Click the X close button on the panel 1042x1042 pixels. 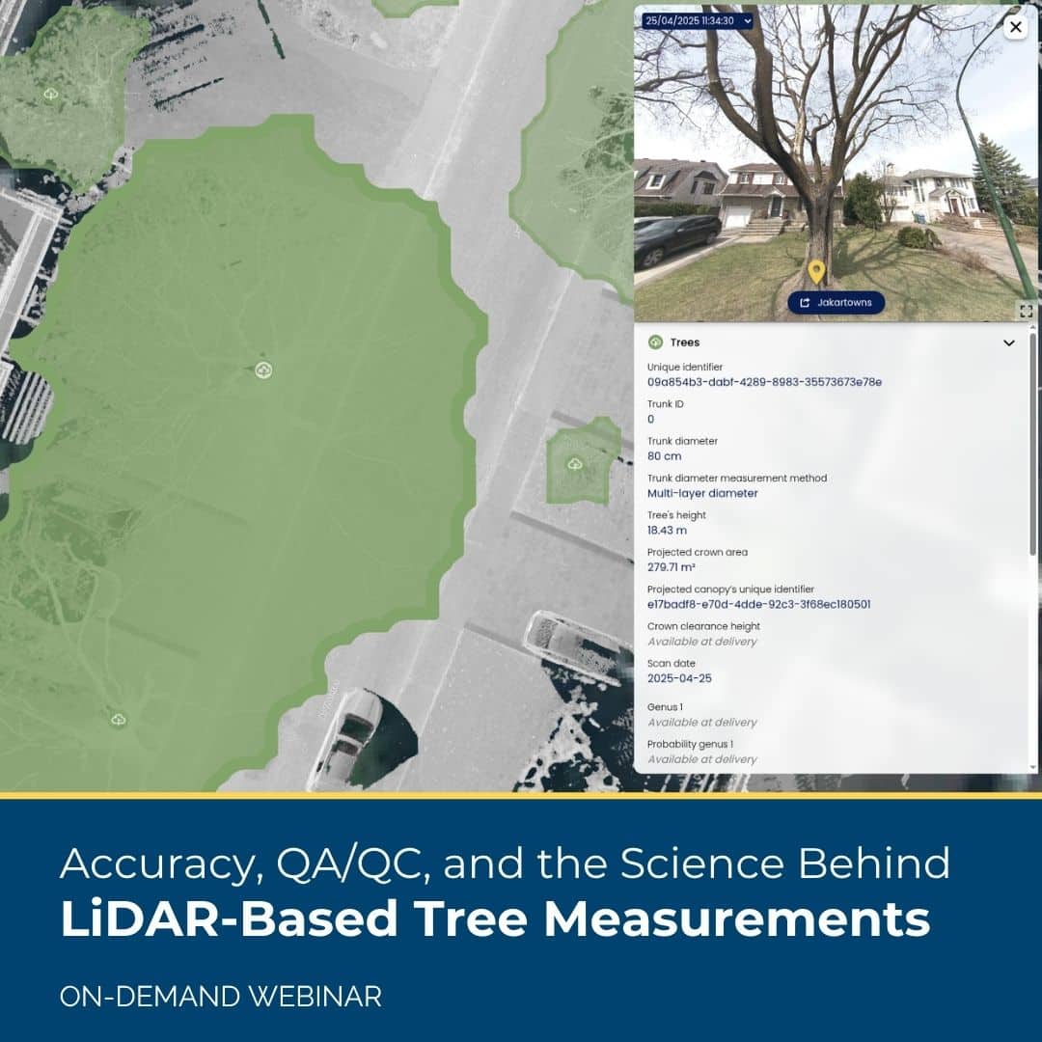1015,27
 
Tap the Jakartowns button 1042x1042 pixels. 836,303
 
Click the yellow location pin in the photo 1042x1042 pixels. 816,271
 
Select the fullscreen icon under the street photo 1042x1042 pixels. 1026,311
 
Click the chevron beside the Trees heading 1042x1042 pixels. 1008,343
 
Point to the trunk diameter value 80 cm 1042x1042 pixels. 664,456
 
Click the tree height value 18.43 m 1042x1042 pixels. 667,531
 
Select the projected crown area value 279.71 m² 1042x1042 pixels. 672,567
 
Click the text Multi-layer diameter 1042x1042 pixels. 702,493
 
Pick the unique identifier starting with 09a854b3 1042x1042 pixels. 764,382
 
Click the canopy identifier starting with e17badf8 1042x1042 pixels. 758,604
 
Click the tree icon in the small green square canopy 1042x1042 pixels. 575,465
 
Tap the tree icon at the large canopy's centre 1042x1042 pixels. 263,370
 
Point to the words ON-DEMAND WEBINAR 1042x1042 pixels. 220,997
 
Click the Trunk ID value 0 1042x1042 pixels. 650,419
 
